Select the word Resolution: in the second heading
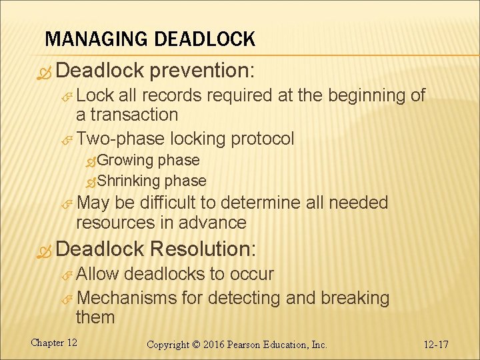click(202, 249)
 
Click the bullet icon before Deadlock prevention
click(45, 71)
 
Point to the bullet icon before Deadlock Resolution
click(45, 251)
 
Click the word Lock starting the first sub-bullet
click(95, 95)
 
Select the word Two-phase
click(121, 139)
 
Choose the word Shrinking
click(129, 181)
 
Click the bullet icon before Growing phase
click(91, 161)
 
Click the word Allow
click(97, 274)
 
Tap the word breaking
click(355, 297)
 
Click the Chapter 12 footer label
click(54, 343)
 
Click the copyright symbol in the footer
click(197, 345)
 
